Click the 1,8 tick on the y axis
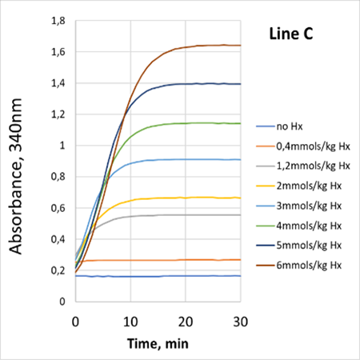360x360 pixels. pyautogui.click(x=58, y=21)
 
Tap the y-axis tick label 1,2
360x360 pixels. pyautogui.click(x=58, y=114)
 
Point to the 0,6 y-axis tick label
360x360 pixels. pyautogui.click(x=58, y=208)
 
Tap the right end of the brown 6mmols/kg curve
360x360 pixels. pyautogui.click(x=240, y=46)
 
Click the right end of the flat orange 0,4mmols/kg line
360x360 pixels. pyautogui.click(x=240, y=259)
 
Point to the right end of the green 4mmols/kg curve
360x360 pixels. pyautogui.click(x=240, y=123)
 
